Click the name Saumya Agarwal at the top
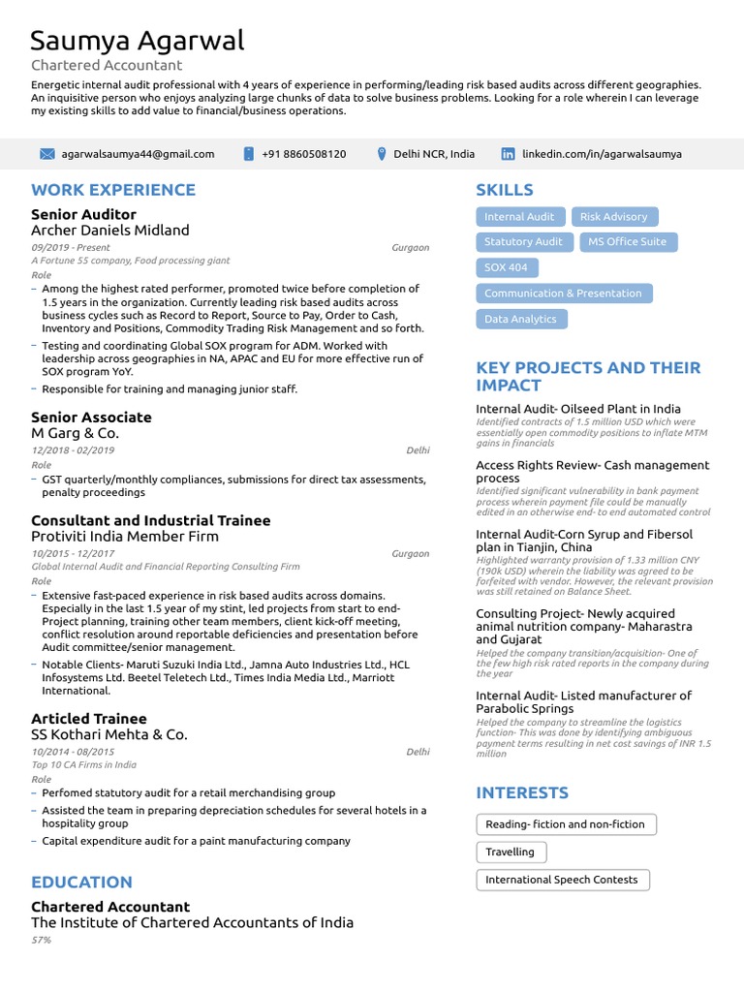[137, 41]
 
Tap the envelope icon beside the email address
[46, 154]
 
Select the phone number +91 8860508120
[303, 154]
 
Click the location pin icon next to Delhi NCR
[382, 154]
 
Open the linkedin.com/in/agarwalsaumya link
[602, 154]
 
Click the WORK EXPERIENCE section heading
[113, 190]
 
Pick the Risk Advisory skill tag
[613, 217]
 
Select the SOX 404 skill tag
[506, 267]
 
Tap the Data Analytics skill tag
[520, 319]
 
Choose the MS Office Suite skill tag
[627, 242]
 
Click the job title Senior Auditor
[83, 214]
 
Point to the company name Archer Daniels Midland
[109, 231]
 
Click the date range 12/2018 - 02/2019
[73, 450]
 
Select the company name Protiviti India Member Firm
[125, 537]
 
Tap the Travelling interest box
[510, 852]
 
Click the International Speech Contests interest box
[561, 880]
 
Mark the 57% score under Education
[41, 940]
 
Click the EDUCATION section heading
[81, 883]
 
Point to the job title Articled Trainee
[89, 719]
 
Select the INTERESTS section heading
[522, 792]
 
